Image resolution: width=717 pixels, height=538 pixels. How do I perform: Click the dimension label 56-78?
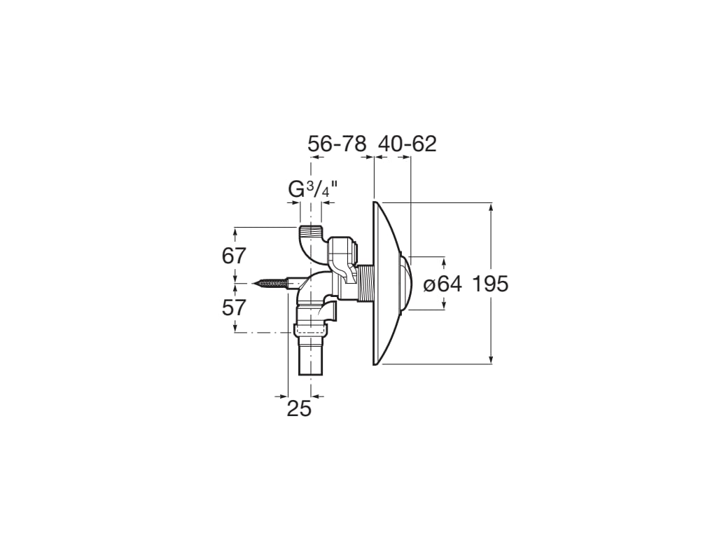click(337, 144)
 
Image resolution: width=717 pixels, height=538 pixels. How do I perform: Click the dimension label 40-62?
click(408, 144)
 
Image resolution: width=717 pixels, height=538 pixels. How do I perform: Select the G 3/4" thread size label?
click(313, 188)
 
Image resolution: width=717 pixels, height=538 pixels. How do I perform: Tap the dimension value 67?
click(235, 256)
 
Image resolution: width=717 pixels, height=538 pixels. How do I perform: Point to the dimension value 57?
click(235, 307)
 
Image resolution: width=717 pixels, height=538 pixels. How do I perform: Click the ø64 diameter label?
click(443, 284)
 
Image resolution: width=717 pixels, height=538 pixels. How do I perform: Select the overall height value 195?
click(490, 284)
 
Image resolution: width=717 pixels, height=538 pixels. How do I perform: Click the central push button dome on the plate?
click(407, 283)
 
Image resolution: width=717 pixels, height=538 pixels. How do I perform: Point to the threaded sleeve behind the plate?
click(366, 284)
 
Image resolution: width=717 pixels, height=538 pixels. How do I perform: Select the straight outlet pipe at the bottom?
click(312, 357)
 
